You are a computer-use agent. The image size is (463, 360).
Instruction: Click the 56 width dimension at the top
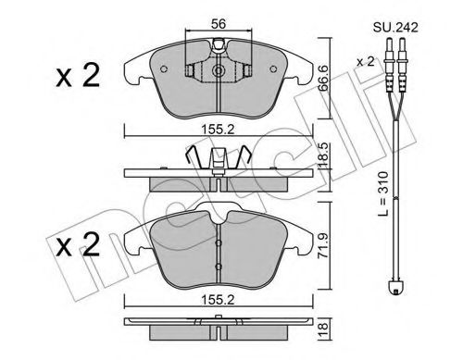[x=219, y=24]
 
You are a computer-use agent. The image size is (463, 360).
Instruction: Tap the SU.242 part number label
[x=395, y=27]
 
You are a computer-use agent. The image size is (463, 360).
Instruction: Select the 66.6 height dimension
[x=323, y=78]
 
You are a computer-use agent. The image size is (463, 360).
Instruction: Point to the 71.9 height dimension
[x=323, y=245]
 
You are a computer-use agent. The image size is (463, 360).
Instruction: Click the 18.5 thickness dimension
[x=323, y=155]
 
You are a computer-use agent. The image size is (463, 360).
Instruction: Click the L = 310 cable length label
[x=383, y=193]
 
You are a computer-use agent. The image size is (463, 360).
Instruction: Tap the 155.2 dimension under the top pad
[x=219, y=130]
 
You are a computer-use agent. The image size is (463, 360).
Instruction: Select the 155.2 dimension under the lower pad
[x=219, y=300]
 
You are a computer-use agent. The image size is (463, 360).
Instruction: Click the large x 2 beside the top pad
[x=78, y=75]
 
